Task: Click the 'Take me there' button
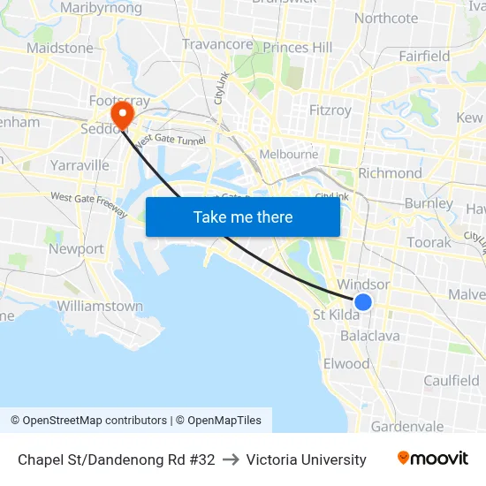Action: tap(243, 216)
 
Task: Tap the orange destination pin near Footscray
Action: tap(121, 115)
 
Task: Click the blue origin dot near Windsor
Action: tap(362, 302)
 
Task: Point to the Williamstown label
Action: tap(100, 306)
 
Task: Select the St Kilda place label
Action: tap(336, 315)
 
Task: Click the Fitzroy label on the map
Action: tap(330, 110)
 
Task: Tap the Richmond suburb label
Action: tap(390, 173)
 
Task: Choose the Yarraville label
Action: tap(80, 165)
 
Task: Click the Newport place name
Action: tap(76, 249)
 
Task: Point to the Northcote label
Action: tap(385, 19)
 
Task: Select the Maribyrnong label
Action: tap(102, 8)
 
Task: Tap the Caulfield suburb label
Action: tap(451, 381)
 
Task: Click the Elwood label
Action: tap(346, 364)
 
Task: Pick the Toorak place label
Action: tap(429, 242)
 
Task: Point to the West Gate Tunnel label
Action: tap(170, 139)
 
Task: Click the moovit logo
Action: tap(432, 459)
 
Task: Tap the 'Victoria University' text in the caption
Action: tap(306, 459)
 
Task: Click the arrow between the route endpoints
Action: tap(231, 459)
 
